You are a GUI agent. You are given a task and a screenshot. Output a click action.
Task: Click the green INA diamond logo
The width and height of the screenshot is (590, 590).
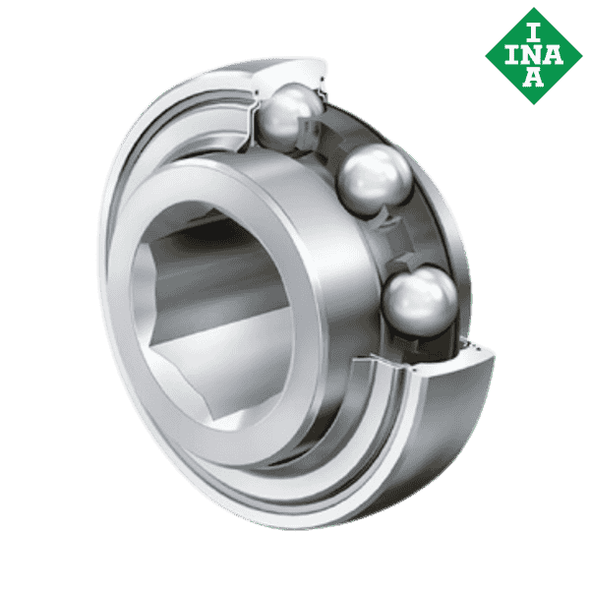(534, 56)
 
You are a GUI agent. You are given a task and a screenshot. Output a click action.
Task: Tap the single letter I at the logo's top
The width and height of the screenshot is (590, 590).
(533, 32)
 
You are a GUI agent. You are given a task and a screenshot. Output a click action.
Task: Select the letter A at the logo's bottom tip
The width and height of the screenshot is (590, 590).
(533, 77)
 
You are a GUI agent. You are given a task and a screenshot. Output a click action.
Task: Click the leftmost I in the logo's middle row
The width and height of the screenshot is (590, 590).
(512, 54)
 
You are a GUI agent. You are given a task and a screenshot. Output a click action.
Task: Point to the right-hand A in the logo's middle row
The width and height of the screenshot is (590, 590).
(554, 54)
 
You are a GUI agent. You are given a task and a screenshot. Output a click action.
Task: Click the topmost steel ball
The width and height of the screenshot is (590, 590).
(289, 115)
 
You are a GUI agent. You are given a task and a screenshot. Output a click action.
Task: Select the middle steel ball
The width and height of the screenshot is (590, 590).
(375, 180)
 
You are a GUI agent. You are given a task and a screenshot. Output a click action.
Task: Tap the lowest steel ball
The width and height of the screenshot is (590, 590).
(421, 300)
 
